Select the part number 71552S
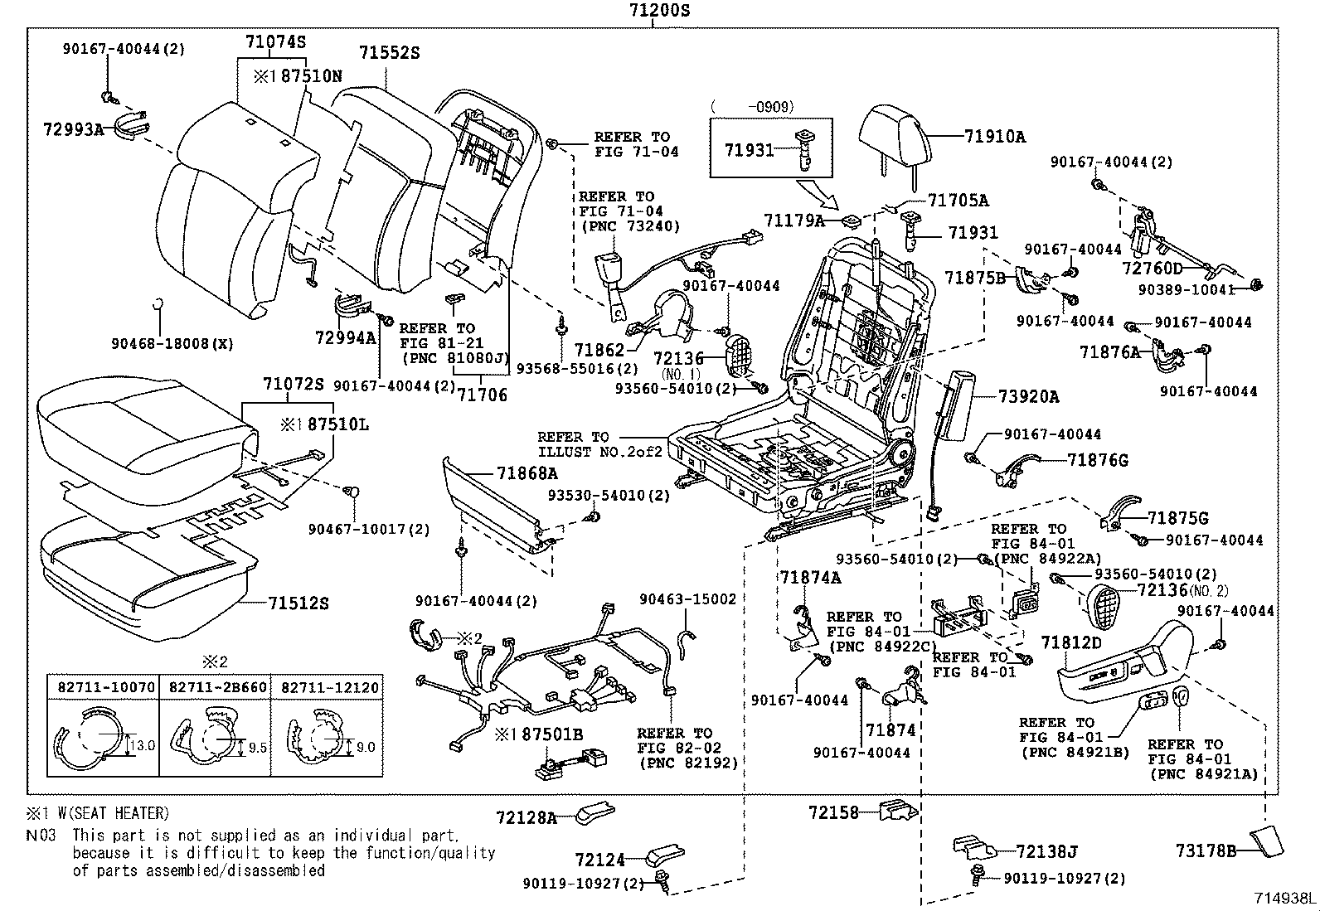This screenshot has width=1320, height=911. [389, 53]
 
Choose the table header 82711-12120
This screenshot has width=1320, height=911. [328, 687]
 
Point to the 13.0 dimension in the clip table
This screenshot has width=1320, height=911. [142, 745]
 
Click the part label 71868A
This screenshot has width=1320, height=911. [527, 473]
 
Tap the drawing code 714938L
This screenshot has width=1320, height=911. [1284, 898]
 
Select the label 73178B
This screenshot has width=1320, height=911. [1206, 850]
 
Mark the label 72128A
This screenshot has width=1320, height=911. [527, 817]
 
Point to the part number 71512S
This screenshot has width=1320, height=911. [298, 603]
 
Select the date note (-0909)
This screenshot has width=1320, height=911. [752, 106]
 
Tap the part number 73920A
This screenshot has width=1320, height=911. [1028, 396]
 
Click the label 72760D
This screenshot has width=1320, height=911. [1153, 268]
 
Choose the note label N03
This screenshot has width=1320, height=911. [41, 835]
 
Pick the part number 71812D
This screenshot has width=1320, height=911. [1071, 642]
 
